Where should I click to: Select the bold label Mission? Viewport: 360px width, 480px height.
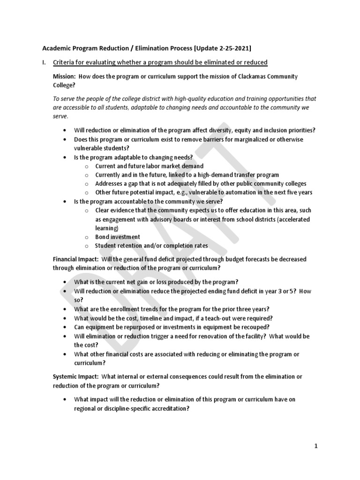(64, 76)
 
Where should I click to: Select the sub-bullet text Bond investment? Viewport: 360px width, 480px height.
(117, 237)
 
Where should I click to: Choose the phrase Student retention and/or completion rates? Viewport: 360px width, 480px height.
(151, 246)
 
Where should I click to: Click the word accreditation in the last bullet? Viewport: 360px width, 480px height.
(167, 408)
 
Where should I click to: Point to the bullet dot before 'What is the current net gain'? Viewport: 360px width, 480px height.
(64, 282)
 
